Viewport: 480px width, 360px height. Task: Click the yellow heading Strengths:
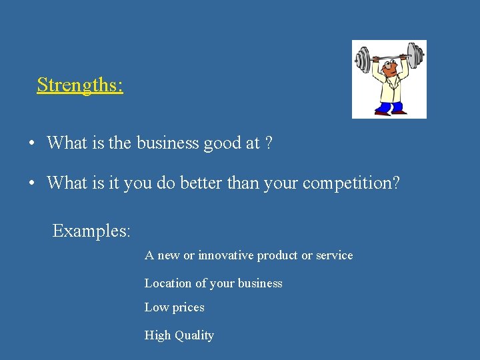pyautogui.click(x=80, y=85)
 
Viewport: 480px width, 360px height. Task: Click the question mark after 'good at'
pyautogui.click(x=268, y=143)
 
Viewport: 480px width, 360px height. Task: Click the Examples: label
pyautogui.click(x=91, y=231)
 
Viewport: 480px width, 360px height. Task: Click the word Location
pyautogui.click(x=168, y=283)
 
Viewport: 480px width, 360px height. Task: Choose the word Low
pyautogui.click(x=156, y=307)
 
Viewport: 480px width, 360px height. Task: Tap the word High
pyautogui.click(x=158, y=335)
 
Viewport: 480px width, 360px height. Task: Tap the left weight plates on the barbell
pyautogui.click(x=363, y=59)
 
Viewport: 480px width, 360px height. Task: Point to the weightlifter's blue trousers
pyautogui.click(x=389, y=106)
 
